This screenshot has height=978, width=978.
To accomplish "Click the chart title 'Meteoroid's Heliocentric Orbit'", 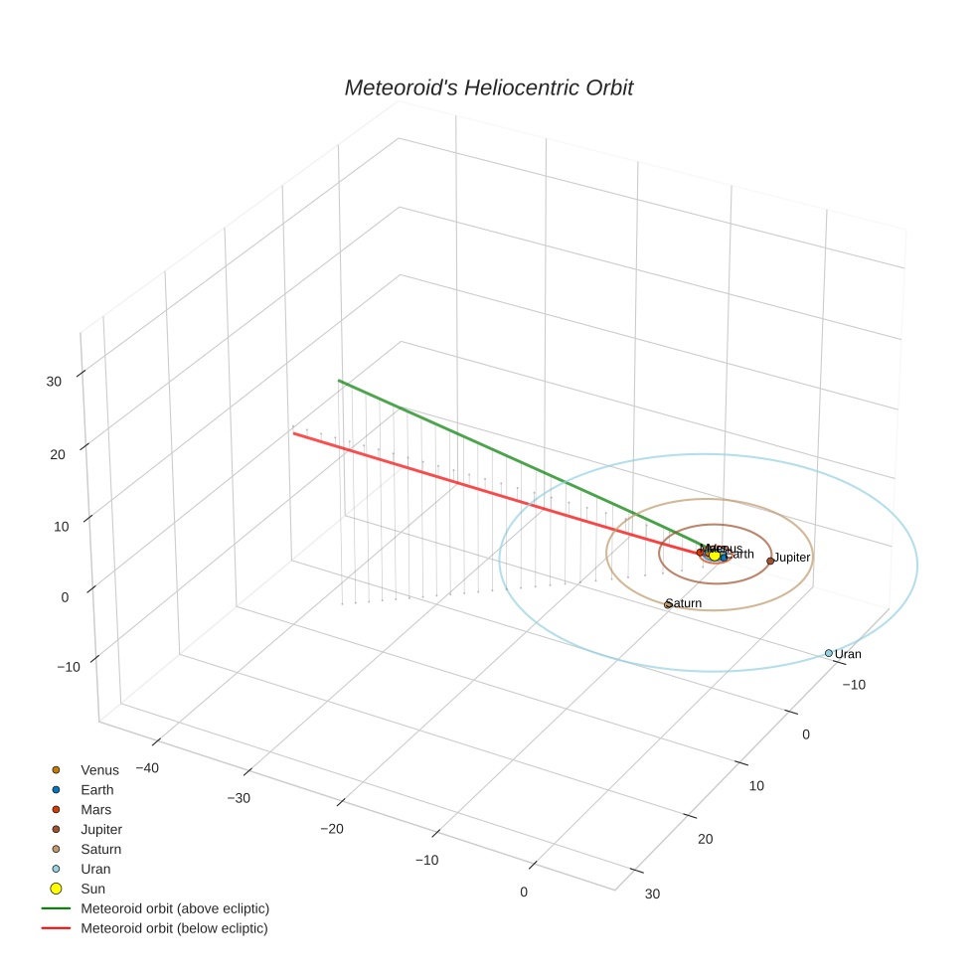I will [x=488, y=88].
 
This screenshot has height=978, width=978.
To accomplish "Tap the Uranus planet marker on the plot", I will [x=828, y=653].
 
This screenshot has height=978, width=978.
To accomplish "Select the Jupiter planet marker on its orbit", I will [x=770, y=561].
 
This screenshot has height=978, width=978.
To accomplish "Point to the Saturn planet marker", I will [x=668, y=604].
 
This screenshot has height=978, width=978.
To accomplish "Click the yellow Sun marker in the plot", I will [x=714, y=555].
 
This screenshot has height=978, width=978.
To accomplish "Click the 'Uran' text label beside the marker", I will [x=848, y=654].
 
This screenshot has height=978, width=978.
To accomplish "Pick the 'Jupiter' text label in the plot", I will [x=792, y=558].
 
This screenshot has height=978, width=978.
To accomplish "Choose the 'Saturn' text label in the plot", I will [x=685, y=603].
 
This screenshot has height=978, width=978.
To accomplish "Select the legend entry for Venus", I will [x=99, y=770].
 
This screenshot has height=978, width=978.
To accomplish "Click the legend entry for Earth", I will [x=97, y=790].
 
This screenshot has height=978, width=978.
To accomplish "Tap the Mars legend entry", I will [x=95, y=810].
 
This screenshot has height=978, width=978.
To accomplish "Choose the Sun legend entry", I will [x=92, y=889].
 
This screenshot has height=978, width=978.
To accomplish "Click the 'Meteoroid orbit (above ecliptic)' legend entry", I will [x=175, y=908].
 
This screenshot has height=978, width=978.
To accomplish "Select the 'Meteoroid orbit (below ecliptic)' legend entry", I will [x=174, y=928].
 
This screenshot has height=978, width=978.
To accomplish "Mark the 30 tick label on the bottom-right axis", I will [x=651, y=894].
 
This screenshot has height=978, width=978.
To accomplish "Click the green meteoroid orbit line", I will [x=497, y=456].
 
